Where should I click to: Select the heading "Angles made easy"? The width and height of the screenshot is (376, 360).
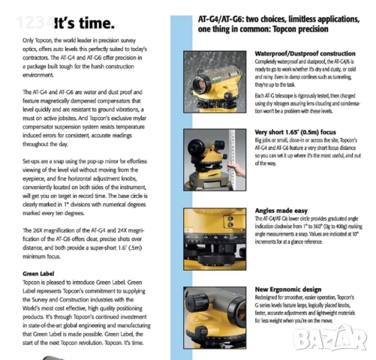click(282, 211)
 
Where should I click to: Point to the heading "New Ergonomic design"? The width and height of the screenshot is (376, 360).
click(289, 288)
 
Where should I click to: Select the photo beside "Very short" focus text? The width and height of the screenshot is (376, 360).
click(217, 157)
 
